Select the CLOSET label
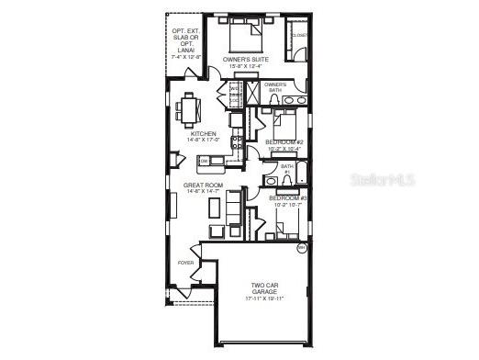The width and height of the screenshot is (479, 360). pos(300,35)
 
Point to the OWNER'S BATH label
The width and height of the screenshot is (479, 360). pos(276,87)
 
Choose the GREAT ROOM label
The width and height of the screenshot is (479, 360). pos(201,185)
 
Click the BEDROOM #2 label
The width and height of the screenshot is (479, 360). pos(284,142)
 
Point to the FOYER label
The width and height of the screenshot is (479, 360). pos(186,263)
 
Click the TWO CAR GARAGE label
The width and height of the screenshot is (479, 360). pos(262,288)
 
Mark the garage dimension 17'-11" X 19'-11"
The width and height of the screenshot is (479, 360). pos(262,299)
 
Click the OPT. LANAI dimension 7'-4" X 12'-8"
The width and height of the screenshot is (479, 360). pos(185,57)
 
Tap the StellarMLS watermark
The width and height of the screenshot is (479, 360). pos(382,179)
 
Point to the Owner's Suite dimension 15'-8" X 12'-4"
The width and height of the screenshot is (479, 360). pos(244,66)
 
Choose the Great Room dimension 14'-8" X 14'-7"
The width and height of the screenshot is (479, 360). pos(201,191)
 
